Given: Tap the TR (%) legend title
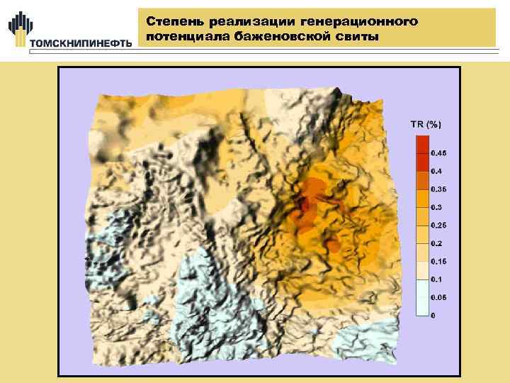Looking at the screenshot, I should tap(426, 124).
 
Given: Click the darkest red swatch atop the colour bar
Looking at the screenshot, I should tap(421, 144).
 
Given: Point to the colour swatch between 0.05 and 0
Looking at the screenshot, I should tap(421, 306).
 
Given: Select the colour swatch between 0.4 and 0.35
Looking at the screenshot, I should tap(421, 180).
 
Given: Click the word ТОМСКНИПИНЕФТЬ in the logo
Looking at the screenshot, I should tap(81, 43).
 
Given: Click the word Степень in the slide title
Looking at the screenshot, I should tap(173, 23).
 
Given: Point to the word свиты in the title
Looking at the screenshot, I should tap(363, 36).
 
